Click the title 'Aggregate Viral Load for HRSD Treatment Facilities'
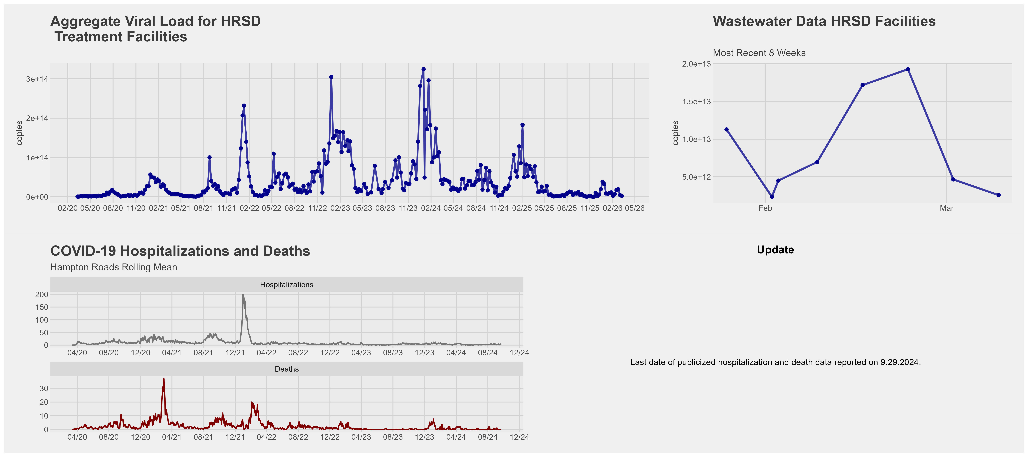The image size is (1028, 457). (156, 29)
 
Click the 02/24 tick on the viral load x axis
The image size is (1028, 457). (431, 208)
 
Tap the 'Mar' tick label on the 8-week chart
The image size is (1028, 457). (947, 208)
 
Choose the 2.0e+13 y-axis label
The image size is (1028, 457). (696, 64)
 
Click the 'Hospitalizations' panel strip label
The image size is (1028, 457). (287, 285)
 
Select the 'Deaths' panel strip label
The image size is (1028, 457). (287, 369)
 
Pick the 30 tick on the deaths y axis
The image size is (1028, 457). (44, 388)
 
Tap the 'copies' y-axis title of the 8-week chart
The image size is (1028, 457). (675, 133)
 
